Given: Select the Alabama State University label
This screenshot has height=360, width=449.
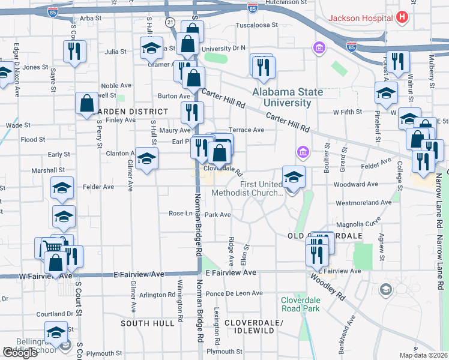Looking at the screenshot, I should coord(288,97).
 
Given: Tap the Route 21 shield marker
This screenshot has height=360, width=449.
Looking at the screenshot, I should coord(170,22).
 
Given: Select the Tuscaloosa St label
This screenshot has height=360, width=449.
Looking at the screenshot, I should coord(256,26).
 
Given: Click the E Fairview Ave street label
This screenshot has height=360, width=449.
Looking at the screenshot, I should coord(231,272).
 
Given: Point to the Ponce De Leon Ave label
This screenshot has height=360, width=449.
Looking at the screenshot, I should coord(234,293).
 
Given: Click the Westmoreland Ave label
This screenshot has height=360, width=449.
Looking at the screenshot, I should coord(364,203).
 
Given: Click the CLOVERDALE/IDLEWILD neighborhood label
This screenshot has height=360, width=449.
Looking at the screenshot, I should coord(253,326).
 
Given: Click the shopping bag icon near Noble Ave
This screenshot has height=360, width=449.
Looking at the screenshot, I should coord(86,103).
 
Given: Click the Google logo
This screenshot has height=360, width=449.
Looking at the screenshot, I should coord(20,353).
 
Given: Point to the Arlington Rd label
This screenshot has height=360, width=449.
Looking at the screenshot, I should coord(157,295).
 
